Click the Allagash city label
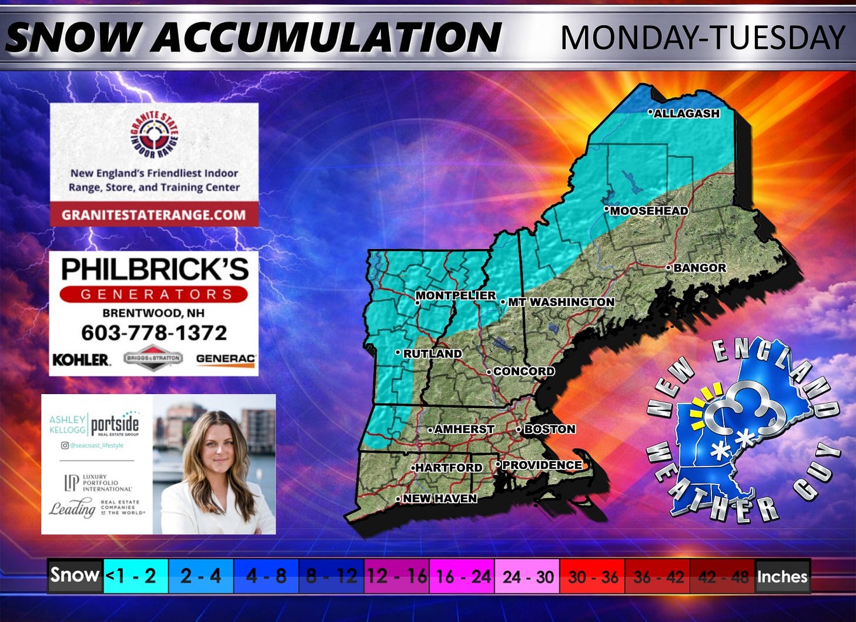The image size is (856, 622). [686, 113]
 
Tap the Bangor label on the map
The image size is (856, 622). [699, 268]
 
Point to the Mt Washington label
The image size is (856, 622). [560, 302]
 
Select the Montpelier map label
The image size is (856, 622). [456, 295]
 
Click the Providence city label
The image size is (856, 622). [541, 465]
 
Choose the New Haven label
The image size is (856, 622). [439, 499]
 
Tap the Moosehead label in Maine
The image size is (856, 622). [648, 210]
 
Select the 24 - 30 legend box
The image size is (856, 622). [527, 576]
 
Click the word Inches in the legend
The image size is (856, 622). [782, 576]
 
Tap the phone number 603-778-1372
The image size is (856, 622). [154, 333]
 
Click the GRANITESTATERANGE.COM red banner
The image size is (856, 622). [154, 214]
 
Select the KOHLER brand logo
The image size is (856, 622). [81, 359]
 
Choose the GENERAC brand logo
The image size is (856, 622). [226, 358]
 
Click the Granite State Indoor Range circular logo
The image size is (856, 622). [154, 135]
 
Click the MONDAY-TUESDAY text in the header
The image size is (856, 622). [703, 38]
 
